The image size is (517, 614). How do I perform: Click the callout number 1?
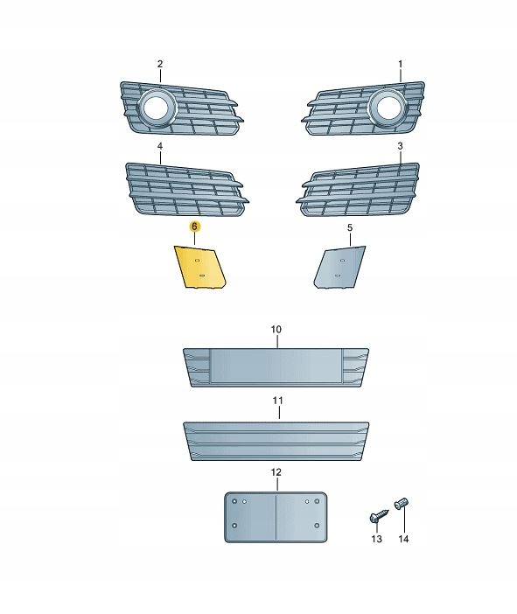point(401,64)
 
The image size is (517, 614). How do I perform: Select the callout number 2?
point(160,64)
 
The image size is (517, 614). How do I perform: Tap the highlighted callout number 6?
point(194,227)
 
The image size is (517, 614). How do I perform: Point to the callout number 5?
point(350,227)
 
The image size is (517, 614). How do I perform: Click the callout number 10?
point(276,330)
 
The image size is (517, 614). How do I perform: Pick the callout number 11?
point(277,401)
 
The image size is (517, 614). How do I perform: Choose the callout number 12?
point(276,472)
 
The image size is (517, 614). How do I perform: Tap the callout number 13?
point(376,539)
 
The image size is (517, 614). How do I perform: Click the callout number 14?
point(403,539)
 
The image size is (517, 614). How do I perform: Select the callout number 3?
point(400,146)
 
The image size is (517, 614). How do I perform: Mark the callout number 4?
point(160,146)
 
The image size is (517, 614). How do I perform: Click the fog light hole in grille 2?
point(156,107)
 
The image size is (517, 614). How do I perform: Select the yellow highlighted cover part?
point(199,267)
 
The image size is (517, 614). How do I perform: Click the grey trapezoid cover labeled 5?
point(340,267)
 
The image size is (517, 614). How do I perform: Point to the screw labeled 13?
point(379,516)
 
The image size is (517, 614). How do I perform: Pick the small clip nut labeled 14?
point(402,503)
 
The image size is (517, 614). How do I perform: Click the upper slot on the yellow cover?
point(198,260)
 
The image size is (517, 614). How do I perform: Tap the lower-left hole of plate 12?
point(234,526)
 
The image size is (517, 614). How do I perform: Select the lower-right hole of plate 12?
point(317,526)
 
